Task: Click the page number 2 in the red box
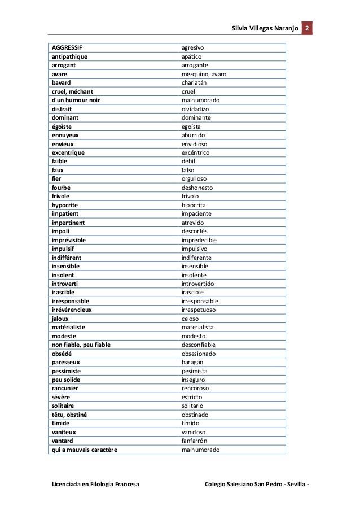pos(308,28)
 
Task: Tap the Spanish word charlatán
pos(194,82)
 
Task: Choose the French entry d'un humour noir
pos(76,100)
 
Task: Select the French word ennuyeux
pos(65,136)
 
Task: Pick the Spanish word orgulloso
pos(194,179)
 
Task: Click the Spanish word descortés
pos(195,232)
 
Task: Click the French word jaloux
pos(60,319)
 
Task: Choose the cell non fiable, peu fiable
pos(82,345)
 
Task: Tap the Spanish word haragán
pos(192,363)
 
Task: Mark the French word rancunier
pos(65,389)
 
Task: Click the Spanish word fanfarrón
pos(195,441)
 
